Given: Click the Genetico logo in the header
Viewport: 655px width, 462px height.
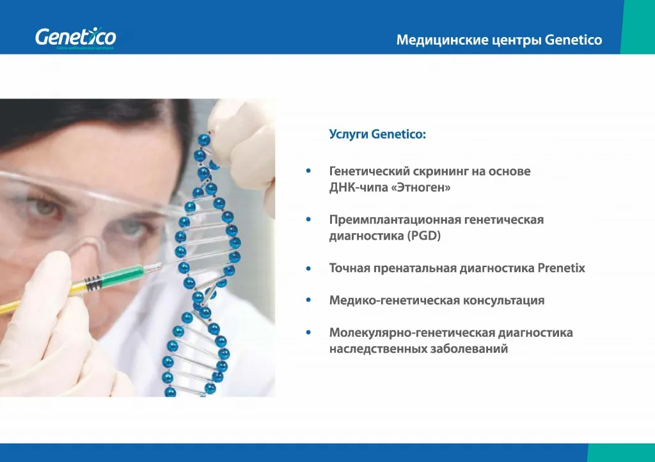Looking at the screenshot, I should click(75, 38).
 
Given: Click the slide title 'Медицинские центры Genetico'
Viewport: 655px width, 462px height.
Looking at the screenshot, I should click(499, 40).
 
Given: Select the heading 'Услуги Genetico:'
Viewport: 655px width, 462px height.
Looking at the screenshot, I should click(377, 134).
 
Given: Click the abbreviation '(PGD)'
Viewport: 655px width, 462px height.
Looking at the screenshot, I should click(424, 236).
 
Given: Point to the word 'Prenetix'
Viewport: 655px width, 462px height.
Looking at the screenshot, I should click(561, 268).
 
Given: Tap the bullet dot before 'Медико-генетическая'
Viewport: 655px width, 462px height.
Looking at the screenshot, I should click(309, 300).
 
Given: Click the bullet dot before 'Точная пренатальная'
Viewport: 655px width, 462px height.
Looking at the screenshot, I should click(309, 268).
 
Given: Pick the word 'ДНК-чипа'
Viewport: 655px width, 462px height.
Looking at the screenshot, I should click(357, 189).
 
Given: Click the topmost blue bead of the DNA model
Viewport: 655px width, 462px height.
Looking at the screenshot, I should click(204, 139).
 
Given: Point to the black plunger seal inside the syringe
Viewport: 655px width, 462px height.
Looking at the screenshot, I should click(93, 281).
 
